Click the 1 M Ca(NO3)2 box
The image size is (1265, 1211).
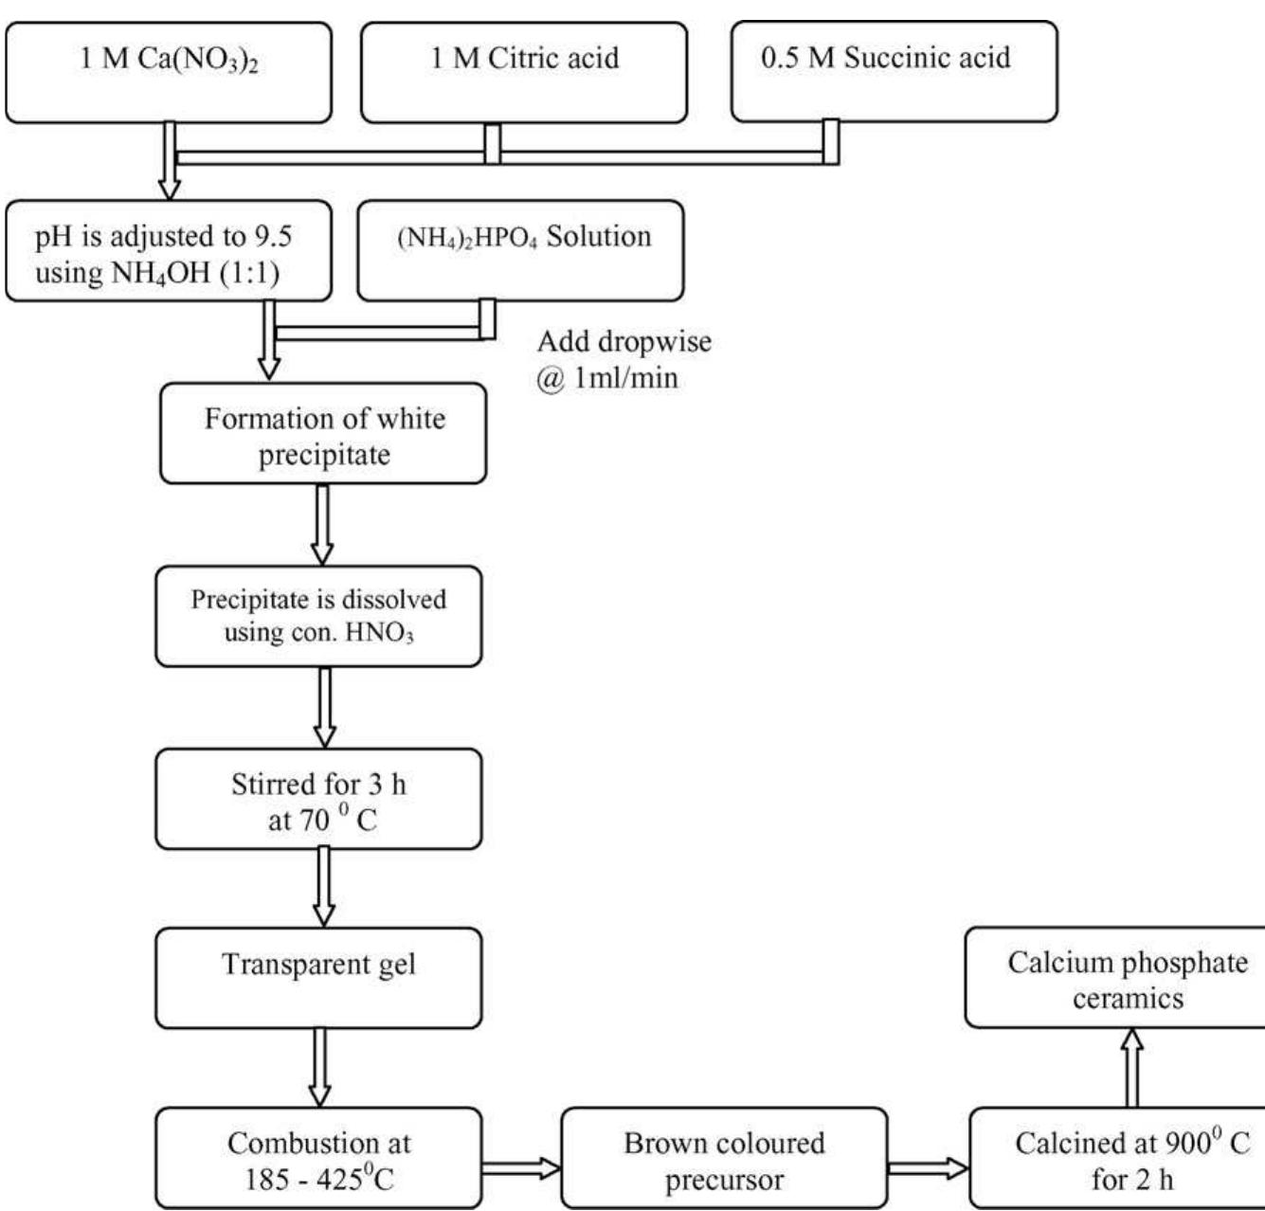169,72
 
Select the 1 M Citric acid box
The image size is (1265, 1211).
524,72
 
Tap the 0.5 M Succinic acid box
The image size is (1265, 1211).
894,72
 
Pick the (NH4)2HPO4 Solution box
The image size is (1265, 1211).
519,250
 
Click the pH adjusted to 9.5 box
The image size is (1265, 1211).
169,251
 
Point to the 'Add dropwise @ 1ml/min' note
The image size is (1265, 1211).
623,359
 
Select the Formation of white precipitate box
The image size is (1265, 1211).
323,434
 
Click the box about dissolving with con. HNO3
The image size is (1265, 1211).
318,616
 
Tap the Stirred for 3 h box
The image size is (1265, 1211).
318,799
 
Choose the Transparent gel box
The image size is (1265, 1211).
318,978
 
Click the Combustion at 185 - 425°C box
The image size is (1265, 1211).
318,1158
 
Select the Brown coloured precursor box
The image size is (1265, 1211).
725,1158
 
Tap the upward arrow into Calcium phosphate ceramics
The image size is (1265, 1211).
1131,1068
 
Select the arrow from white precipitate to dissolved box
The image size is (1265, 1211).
322,524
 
